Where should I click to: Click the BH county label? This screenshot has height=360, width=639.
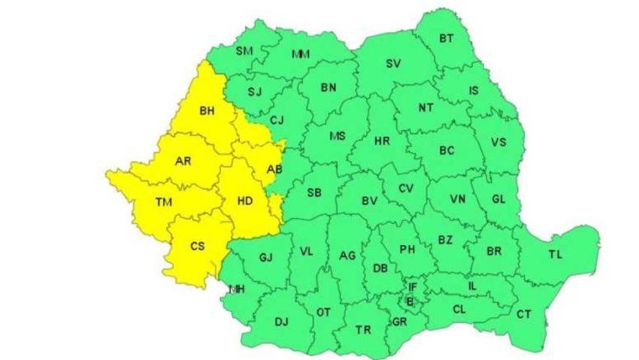[207, 111]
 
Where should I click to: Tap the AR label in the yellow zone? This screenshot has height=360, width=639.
[183, 161]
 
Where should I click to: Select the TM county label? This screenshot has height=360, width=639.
[163, 201]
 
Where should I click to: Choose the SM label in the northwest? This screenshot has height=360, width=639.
[244, 51]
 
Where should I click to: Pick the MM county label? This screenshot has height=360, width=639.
[301, 54]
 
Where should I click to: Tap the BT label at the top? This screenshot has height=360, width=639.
[447, 38]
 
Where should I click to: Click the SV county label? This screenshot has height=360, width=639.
[392, 64]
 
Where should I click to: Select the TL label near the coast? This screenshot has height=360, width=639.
[555, 256]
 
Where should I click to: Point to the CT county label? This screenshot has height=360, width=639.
[524, 313]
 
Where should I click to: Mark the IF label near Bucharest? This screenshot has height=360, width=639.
[412, 287]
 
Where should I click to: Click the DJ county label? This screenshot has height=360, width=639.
[281, 322]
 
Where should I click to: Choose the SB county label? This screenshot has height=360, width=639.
[314, 192]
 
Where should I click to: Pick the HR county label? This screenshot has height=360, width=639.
[382, 141]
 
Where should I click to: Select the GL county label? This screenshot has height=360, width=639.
[498, 199]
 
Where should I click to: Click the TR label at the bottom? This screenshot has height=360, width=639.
[363, 330]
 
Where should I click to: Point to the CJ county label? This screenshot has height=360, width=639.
[277, 119]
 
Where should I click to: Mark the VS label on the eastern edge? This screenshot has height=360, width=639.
[498, 143]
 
